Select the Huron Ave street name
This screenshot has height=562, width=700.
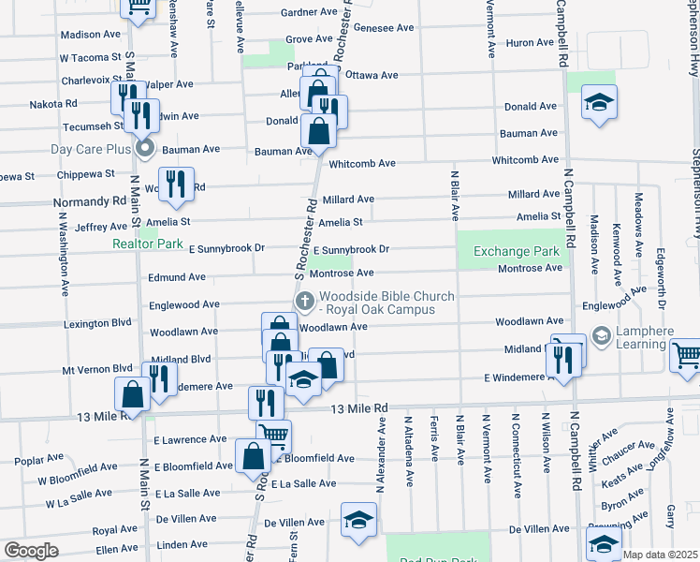click(530, 43)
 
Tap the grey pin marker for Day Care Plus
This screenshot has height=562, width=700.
click(144, 149)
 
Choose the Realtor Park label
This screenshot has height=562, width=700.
click(148, 244)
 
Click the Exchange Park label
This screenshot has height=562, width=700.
click(516, 251)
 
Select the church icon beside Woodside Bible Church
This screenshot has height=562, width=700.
click(304, 301)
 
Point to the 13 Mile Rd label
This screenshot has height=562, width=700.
click(360, 408)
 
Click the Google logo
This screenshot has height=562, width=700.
click(32, 551)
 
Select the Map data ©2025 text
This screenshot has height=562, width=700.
click(659, 555)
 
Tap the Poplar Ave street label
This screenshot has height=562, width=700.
click(38, 460)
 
